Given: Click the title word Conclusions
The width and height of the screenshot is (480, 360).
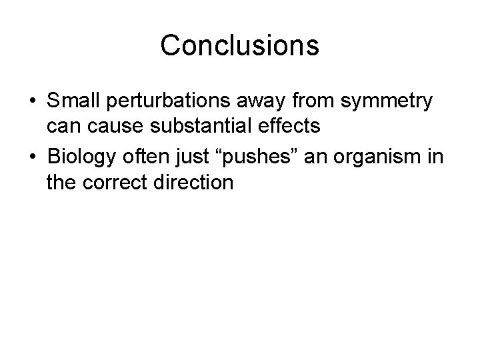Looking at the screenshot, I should [x=240, y=45].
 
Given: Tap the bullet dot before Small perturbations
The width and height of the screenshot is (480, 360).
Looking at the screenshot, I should [x=32, y=103].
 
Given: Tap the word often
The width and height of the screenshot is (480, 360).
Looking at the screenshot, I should [x=142, y=155].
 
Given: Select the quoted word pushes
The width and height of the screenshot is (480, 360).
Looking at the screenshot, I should [x=242, y=156].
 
